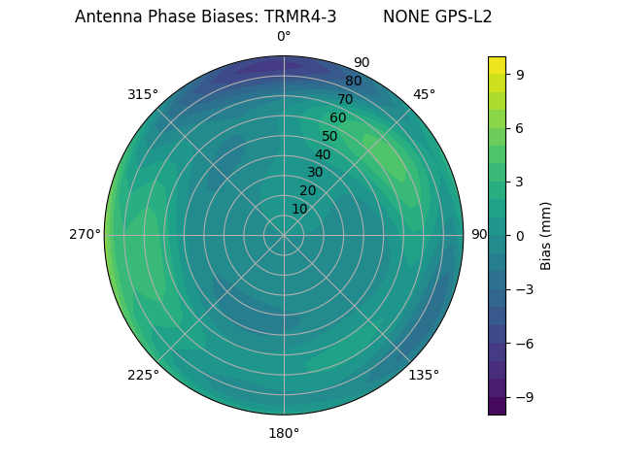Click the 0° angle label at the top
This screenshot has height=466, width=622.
tap(284, 37)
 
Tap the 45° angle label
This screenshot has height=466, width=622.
tap(424, 94)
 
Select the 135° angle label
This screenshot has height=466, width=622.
tap(424, 375)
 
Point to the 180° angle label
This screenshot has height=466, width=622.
tap(284, 433)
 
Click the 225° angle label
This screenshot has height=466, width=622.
tap(143, 375)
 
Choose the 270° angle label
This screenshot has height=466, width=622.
tap(85, 235)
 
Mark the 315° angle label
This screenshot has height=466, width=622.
tap(143, 94)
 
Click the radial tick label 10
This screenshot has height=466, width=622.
tap(299, 209)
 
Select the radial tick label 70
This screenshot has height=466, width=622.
tap(345, 99)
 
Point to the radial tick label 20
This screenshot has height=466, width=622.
tap(307, 190)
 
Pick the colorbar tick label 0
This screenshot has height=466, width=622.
tap(520, 235)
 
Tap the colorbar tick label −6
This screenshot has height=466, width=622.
tap(523, 343)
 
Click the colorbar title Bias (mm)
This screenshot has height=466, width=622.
tap(546, 235)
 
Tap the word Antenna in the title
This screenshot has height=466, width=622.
tap(104, 17)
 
